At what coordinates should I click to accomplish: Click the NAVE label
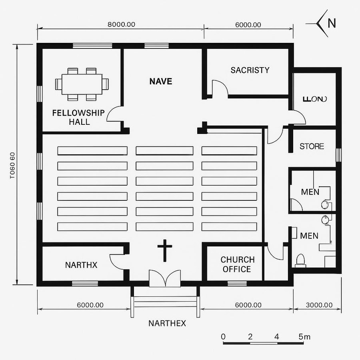[161, 81]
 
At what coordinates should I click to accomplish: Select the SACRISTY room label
[250, 70]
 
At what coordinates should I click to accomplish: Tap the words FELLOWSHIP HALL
[78, 117]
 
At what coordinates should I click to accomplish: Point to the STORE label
[312, 146]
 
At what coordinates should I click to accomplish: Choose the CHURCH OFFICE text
[237, 264]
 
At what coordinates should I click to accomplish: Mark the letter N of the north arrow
[332, 23]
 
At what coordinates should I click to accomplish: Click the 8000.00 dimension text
[121, 24]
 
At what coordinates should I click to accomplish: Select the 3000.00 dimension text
[319, 305]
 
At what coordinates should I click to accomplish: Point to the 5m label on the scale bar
[304, 336]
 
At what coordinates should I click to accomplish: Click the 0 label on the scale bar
[223, 336]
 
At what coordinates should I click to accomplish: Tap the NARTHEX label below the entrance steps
[167, 323]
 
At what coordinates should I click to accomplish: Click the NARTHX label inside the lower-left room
[81, 265]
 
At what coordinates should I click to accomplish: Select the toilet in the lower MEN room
[300, 260]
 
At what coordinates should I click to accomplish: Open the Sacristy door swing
[220, 89]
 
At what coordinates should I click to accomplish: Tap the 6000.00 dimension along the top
[248, 24]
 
